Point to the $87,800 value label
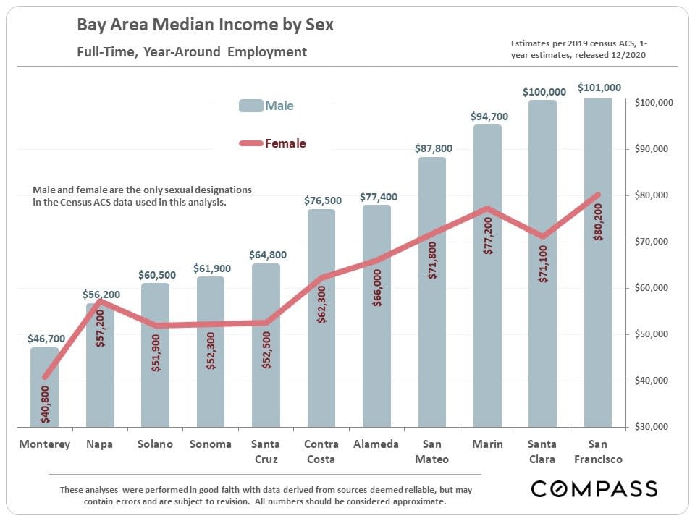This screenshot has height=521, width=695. click(x=434, y=148)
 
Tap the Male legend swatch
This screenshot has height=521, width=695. click(x=250, y=106)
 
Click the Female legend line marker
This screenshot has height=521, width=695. click(x=250, y=143)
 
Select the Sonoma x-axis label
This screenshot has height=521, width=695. click(x=211, y=444)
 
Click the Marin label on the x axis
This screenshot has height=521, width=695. click(x=487, y=444)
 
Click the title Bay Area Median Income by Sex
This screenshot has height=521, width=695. click(x=206, y=25)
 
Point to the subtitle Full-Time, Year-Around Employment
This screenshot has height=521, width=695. click(x=192, y=52)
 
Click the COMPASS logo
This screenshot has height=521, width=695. click(x=594, y=488)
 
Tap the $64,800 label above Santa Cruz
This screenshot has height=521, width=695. click(x=267, y=255)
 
